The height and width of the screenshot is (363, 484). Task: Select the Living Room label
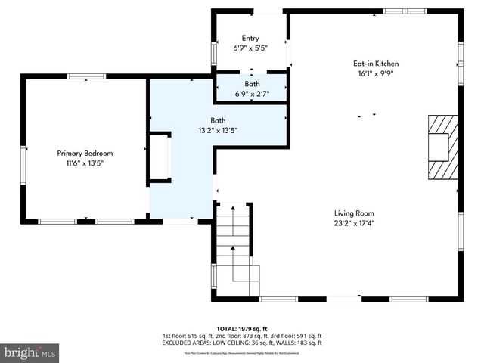(x=354, y=213)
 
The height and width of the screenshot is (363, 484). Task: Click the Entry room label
(x=250, y=39)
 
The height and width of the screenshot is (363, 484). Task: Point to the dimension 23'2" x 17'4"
(x=354, y=223)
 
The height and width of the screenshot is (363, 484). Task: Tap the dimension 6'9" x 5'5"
(x=250, y=48)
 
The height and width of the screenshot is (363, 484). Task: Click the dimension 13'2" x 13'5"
(x=218, y=130)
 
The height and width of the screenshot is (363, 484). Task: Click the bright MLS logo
(x=30, y=352)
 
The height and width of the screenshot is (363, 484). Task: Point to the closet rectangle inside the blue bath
(x=160, y=158)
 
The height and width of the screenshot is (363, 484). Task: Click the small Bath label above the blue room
(x=252, y=84)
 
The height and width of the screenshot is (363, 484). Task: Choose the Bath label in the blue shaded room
(x=218, y=120)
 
